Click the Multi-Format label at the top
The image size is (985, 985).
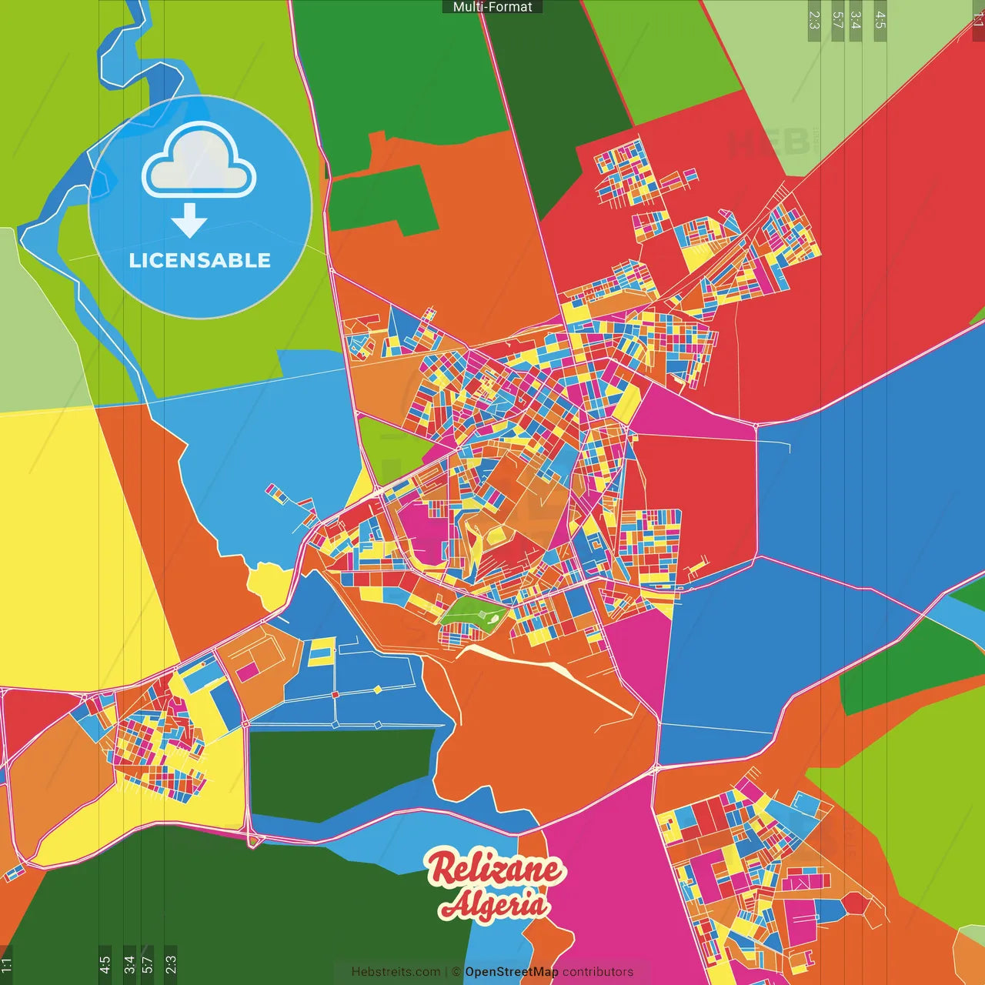point(492,7)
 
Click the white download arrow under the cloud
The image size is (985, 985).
point(189,220)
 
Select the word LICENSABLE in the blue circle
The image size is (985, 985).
point(200,260)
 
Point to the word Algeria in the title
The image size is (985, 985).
point(494,904)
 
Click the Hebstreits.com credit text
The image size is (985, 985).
point(396,972)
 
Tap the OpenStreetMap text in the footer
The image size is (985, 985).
point(511,972)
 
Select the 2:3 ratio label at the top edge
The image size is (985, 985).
point(814,20)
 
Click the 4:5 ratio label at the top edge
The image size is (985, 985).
point(880,20)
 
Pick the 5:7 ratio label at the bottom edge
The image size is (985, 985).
point(148,963)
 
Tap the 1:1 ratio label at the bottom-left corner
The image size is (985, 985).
point(7,965)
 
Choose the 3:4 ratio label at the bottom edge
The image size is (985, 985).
point(129,963)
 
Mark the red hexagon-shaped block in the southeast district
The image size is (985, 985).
point(854,904)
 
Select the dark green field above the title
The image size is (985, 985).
point(339,773)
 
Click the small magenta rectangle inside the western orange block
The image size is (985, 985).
point(247,672)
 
